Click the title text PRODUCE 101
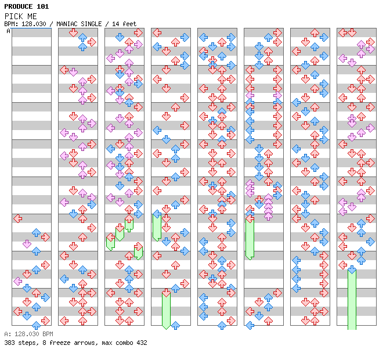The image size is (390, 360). [x=26, y=6]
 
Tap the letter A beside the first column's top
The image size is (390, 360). [x=8, y=31]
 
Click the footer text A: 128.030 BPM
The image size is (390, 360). [x=28, y=334]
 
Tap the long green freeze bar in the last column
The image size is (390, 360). [x=352, y=299]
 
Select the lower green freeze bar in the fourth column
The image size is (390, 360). [x=166, y=309]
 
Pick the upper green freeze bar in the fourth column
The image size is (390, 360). [x=157, y=226]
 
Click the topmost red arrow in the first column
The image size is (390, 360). [x=17, y=218]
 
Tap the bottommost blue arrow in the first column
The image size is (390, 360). [x=36, y=325]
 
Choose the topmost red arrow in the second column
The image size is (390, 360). [x=73, y=33]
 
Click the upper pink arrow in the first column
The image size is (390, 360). [x=27, y=244]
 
